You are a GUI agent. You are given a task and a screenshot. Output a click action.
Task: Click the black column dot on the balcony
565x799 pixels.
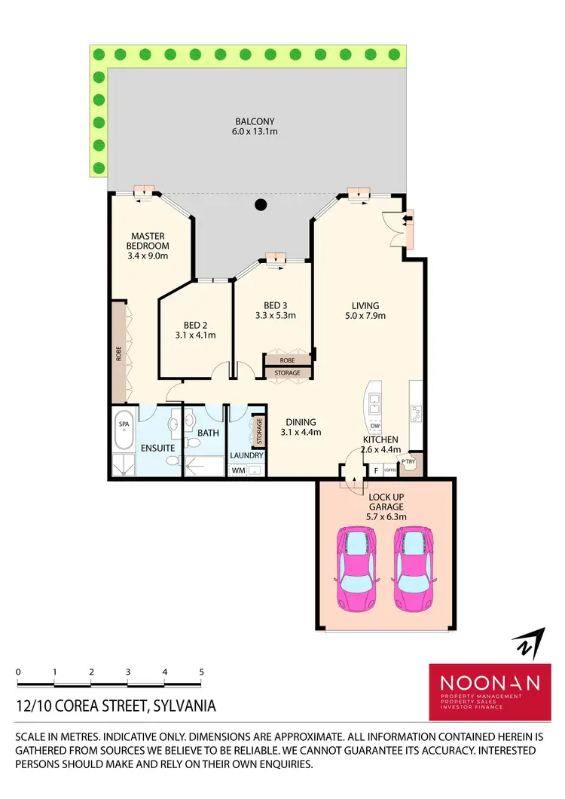[x=261, y=204]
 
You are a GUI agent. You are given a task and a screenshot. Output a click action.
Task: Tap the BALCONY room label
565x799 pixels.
[x=255, y=121]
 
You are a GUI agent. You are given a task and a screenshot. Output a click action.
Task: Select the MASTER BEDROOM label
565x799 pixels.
[x=148, y=240]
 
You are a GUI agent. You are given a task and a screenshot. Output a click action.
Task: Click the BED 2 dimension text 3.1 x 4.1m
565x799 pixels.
[x=195, y=335]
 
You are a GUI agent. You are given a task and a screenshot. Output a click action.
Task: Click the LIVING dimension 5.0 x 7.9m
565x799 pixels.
[x=365, y=316]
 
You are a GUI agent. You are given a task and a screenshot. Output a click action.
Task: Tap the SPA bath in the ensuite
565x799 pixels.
[x=124, y=424]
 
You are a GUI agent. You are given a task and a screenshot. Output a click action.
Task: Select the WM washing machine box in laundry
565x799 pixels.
[x=238, y=470]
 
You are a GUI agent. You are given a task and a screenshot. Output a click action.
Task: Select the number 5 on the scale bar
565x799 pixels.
[x=201, y=671]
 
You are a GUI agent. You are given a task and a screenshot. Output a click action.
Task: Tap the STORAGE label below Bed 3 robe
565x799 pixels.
[x=287, y=373]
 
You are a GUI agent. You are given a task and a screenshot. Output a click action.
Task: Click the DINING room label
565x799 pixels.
[x=301, y=422]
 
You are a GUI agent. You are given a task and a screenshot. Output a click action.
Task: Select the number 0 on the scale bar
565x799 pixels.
[x=17, y=671]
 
